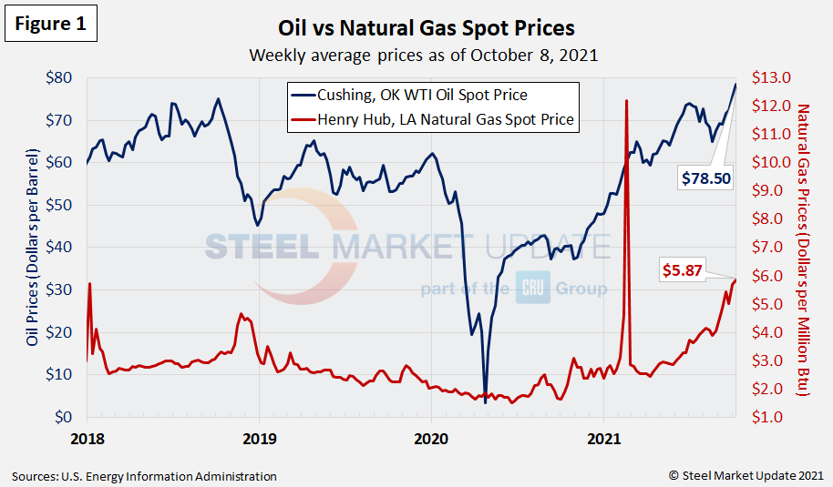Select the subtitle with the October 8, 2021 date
(424, 55)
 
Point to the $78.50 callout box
(707, 178)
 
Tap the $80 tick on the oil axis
(61, 77)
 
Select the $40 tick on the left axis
(61, 247)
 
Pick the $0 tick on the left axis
(67, 417)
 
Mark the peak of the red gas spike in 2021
(626, 100)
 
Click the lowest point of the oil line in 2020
(485, 403)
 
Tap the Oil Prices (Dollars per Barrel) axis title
(33, 248)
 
